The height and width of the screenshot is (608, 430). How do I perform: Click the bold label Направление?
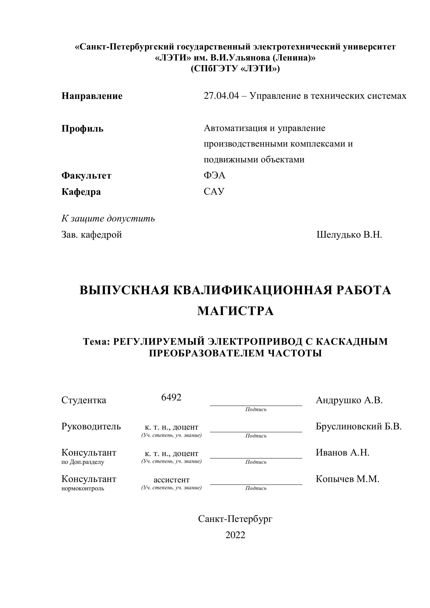pyautogui.click(x=92, y=96)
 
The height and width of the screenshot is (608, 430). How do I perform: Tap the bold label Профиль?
pyautogui.click(x=82, y=129)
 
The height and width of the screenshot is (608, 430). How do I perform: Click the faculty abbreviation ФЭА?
pyautogui.click(x=214, y=175)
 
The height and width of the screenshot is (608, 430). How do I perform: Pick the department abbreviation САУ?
pyautogui.click(x=214, y=191)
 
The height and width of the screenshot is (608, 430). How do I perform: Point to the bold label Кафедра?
pyautogui.click(x=81, y=192)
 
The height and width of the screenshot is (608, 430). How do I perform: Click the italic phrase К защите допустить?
pyautogui.click(x=108, y=219)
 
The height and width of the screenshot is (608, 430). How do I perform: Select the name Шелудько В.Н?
pyautogui.click(x=349, y=235)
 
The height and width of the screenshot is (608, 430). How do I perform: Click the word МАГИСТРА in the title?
pyautogui.click(x=235, y=311)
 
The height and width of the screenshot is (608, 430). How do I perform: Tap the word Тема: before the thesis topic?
pyautogui.click(x=96, y=342)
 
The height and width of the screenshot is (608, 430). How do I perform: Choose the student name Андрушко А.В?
pyautogui.click(x=349, y=400)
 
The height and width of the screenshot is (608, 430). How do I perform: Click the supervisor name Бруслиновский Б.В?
pyautogui.click(x=358, y=426)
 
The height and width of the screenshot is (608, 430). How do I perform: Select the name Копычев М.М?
pyautogui.click(x=347, y=479)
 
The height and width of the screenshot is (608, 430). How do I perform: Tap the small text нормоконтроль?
pyautogui.click(x=83, y=488)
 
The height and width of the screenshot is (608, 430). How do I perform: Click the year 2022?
pyautogui.click(x=235, y=535)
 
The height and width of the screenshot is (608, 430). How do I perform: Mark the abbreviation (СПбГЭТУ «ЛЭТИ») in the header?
pyautogui.click(x=235, y=69)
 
